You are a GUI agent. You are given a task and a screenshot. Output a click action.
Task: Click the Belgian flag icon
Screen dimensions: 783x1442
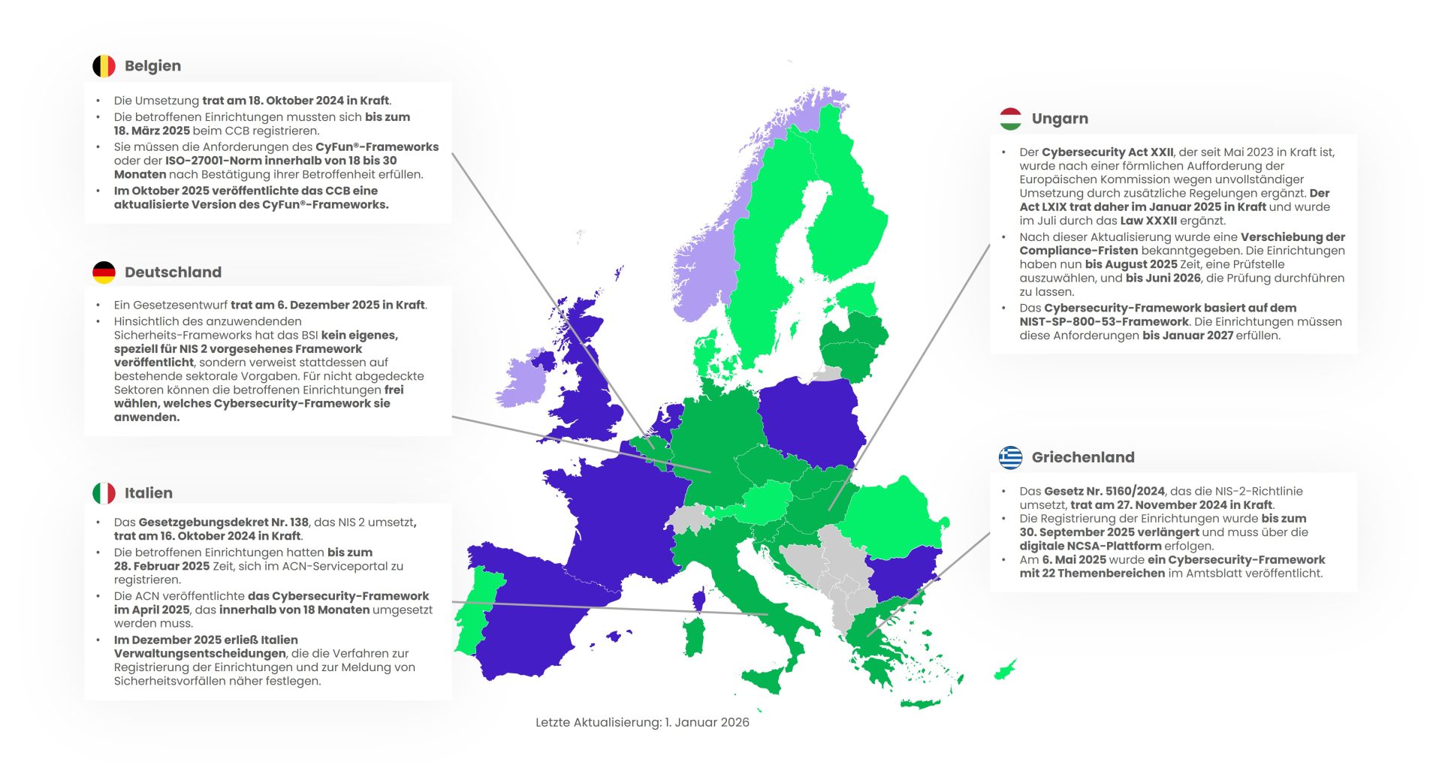(104, 66)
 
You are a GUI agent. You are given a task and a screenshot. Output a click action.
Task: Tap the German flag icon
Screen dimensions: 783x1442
(104, 273)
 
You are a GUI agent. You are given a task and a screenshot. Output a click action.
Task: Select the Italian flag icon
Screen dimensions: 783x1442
(104, 493)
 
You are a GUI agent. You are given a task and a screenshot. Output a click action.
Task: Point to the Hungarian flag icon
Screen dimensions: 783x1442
(1010, 119)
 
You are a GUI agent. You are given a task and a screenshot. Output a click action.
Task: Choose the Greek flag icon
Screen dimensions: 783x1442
(1010, 457)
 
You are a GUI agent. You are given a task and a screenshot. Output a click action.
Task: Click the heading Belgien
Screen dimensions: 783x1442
(152, 66)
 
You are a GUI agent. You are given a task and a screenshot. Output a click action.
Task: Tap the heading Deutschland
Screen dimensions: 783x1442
(173, 273)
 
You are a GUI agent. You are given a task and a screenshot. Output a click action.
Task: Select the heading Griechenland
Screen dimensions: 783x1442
(1082, 457)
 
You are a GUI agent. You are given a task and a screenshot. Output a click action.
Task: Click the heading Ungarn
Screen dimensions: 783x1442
(1059, 119)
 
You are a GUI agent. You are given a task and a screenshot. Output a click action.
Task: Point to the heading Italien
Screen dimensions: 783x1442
(148, 493)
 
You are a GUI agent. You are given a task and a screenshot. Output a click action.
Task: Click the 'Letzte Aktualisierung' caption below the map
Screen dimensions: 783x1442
(642, 722)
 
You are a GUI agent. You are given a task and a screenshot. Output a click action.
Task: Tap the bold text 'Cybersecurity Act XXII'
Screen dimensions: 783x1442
(1107, 152)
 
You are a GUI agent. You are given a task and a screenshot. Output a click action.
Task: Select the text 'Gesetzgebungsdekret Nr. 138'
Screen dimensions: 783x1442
(223, 523)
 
